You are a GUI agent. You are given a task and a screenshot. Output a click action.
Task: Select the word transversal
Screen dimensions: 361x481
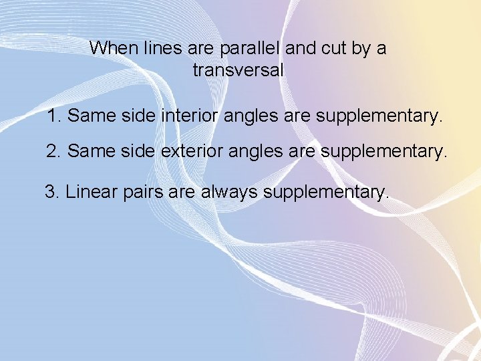[238, 70]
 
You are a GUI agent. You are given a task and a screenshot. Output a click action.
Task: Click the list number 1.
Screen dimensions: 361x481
[54, 116]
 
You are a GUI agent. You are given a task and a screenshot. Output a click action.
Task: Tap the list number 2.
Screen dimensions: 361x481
[53, 152]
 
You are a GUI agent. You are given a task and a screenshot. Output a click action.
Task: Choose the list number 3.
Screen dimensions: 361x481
[51, 193]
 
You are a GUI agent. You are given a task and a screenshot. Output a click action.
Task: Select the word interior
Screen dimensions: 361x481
[190, 116]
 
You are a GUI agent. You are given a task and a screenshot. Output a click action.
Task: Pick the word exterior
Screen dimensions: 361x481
[192, 152]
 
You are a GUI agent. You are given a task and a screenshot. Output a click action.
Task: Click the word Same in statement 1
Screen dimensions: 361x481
[92, 116]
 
